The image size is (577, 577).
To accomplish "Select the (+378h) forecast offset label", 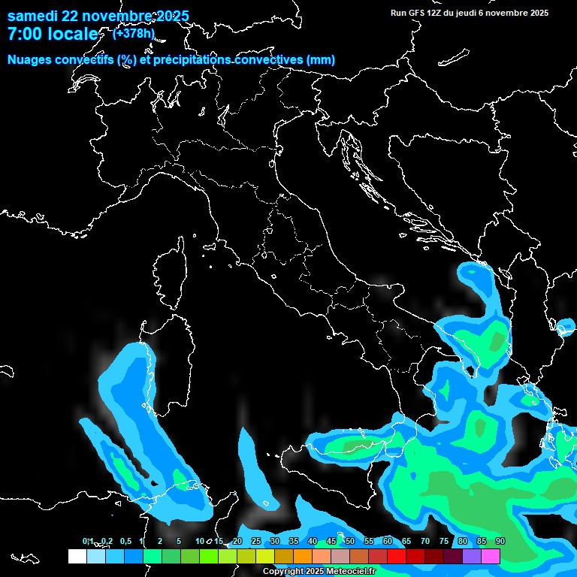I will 133,33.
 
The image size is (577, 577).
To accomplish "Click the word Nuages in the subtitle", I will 30,60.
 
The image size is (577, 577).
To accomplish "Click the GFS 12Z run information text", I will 470,13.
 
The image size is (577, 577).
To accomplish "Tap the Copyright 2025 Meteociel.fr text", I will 319,572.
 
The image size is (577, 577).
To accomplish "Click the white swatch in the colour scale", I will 77,556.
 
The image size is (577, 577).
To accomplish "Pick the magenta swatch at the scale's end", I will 491,556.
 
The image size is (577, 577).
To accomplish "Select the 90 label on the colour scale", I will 500,542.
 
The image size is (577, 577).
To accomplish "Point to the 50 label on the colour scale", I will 349,542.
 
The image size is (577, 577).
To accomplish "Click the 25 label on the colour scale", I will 255,542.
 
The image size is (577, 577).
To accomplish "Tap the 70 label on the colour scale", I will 424,542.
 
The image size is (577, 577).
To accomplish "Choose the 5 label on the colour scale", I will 179,542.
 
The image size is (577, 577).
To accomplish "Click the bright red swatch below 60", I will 396,556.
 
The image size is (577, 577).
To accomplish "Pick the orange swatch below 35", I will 302,556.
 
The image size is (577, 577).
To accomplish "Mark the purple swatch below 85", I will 472,556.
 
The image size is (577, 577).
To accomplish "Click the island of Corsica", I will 170,278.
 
